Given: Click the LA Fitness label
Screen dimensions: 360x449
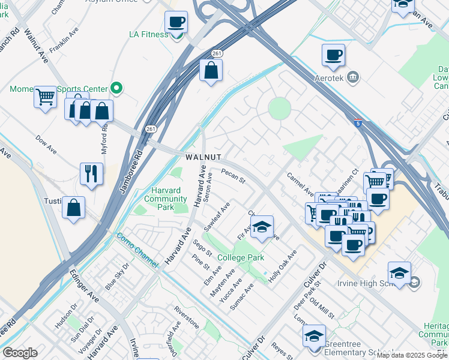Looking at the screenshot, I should (x=149, y=34).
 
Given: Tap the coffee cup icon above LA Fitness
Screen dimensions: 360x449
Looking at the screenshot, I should (x=176, y=23).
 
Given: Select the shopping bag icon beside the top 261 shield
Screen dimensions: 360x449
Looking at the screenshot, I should (x=211, y=71).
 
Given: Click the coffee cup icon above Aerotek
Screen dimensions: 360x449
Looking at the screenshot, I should (x=333, y=56).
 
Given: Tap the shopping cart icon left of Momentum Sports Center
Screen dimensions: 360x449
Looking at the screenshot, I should (x=45, y=97).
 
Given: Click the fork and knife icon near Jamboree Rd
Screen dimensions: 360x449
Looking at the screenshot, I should (x=91, y=174).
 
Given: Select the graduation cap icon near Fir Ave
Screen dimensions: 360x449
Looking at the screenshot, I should (x=262, y=227).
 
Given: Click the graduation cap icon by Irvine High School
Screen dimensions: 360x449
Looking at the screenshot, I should (x=399, y=274).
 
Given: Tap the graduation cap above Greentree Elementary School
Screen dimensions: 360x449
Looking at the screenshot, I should (x=314, y=337).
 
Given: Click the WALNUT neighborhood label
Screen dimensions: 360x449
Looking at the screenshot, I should (x=203, y=157).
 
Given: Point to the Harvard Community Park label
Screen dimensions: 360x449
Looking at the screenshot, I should (x=165, y=199).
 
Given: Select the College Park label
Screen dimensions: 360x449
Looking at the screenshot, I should (x=241, y=257).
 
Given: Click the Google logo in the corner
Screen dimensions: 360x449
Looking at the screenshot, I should (x=20, y=353).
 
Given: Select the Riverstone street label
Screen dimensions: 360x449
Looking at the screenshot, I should (x=186, y=316).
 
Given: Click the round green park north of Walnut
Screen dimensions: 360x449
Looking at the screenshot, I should (x=279, y=109).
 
